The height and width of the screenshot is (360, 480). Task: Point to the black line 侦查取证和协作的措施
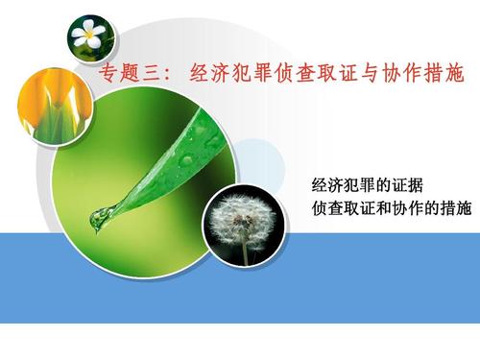(x=392, y=206)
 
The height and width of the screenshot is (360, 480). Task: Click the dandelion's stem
(x=245, y=252)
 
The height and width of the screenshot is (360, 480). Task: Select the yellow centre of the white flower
(x=89, y=36)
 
